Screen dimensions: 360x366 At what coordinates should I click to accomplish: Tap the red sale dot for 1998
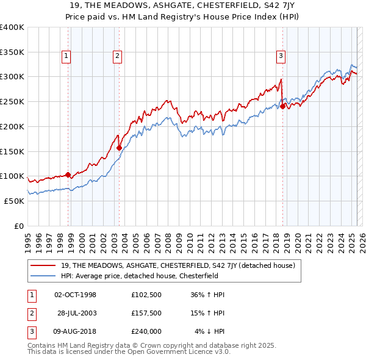tap(68, 175)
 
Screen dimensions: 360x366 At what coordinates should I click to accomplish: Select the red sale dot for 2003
tap(119, 147)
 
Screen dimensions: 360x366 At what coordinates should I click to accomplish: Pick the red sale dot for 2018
tap(282, 106)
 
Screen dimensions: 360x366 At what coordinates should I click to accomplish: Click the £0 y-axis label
tap(19, 226)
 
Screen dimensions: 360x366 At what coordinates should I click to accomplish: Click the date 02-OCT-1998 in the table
tap(76, 295)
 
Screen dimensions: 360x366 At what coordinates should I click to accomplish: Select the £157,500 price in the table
tap(146, 313)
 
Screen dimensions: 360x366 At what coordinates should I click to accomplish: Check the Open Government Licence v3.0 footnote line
tap(129, 352)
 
